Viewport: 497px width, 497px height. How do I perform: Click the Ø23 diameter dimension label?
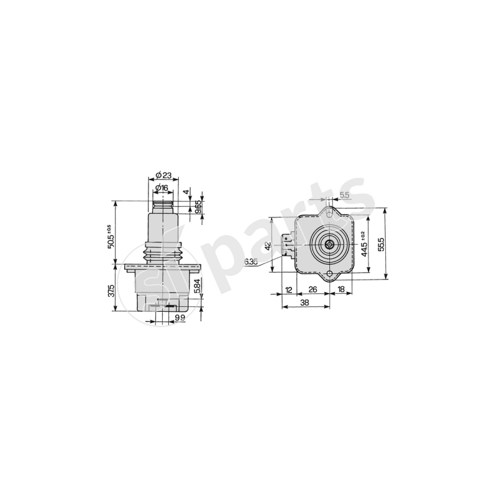click(163, 175)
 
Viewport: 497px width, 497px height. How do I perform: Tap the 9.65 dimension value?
click(198, 207)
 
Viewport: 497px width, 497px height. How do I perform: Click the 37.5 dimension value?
click(112, 290)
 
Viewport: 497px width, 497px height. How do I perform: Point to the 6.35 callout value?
click(250, 262)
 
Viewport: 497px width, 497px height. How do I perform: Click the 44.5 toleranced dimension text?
click(363, 242)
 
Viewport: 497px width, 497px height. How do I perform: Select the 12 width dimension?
click(289, 290)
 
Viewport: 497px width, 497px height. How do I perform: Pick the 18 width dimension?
click(342, 290)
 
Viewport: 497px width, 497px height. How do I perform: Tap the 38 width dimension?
click(304, 303)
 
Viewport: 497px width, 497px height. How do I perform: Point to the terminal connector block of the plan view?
click(287, 244)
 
